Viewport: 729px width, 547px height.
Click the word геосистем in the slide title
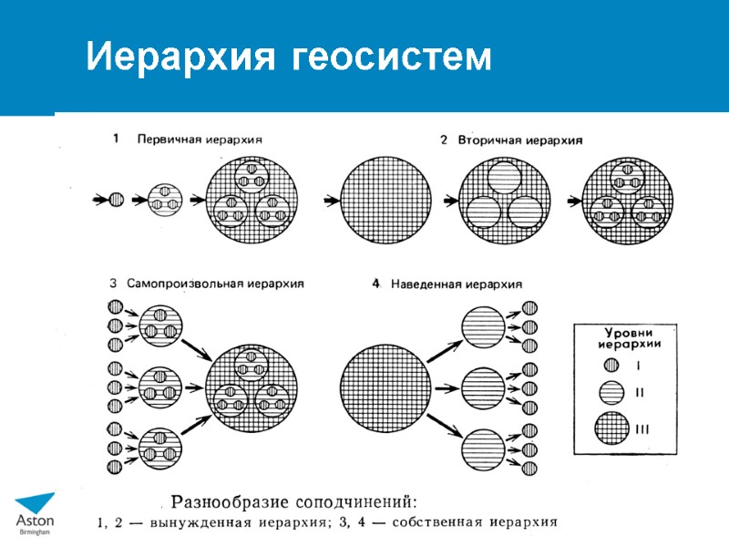393,59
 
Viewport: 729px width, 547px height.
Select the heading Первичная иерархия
199,139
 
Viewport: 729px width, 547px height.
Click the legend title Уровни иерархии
629,337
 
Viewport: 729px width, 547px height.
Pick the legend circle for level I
612,366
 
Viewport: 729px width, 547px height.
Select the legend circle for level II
612,394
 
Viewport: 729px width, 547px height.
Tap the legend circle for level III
612,428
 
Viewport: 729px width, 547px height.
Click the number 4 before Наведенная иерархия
375,284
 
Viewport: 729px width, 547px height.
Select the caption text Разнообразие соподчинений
294,501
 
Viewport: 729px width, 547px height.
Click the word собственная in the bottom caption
431,522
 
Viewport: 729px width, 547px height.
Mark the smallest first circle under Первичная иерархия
116,198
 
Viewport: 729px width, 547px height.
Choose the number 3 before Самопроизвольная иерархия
114,284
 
